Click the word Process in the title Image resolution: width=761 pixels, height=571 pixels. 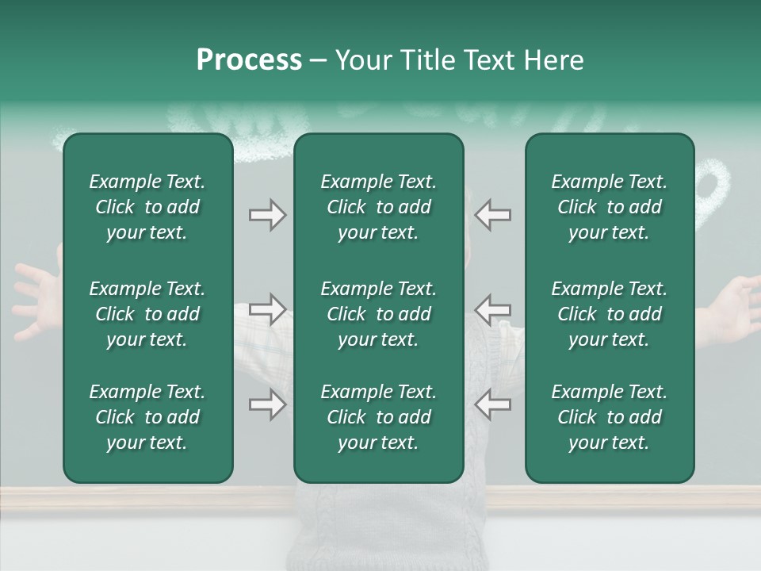(x=249, y=60)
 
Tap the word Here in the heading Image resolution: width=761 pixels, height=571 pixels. (x=554, y=60)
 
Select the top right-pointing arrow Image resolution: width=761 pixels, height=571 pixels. (x=268, y=215)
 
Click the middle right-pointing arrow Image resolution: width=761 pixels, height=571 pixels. (x=268, y=309)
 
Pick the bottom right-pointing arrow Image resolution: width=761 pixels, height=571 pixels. (x=268, y=404)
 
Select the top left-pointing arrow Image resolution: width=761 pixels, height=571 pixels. (x=492, y=215)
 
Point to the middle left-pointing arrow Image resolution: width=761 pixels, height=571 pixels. (x=492, y=309)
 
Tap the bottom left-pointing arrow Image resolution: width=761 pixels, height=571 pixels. (x=492, y=404)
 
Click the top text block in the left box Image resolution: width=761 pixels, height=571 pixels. (x=147, y=207)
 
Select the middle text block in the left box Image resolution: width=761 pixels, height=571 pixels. (x=147, y=314)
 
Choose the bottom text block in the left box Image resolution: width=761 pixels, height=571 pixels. (x=147, y=417)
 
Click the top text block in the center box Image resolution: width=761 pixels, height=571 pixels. (x=378, y=207)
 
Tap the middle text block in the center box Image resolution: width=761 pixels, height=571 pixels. (x=378, y=314)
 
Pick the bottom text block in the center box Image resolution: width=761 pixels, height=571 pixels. (x=378, y=417)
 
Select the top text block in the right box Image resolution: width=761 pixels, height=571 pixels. (x=609, y=207)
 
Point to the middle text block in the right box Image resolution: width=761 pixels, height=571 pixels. (x=609, y=314)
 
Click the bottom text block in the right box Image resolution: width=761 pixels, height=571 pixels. (x=609, y=417)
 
